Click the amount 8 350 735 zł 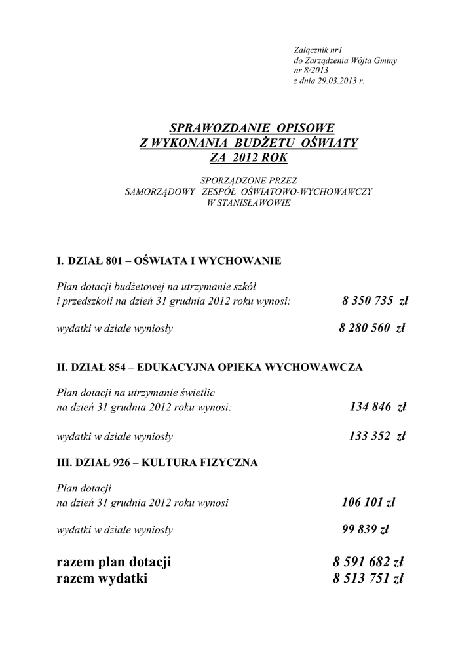(374, 301)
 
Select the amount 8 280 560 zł (371, 328)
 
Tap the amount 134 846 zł (377, 407)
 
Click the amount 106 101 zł (368, 503)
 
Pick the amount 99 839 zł (366, 529)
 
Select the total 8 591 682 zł (367, 562)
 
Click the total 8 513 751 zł (367, 578)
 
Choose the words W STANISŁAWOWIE (248, 203)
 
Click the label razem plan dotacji (114, 562)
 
